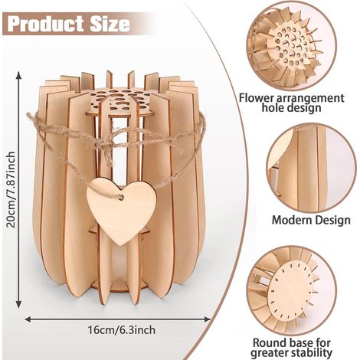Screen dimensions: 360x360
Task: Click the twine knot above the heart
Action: coord(105,146)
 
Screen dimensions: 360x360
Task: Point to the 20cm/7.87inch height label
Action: coord(11,189)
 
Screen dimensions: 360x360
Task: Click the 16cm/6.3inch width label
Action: coord(122,330)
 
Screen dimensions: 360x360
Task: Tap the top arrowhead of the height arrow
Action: coord(18,75)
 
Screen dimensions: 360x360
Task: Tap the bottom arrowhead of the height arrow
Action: coord(18,304)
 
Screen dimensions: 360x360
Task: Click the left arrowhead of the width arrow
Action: coord(28,319)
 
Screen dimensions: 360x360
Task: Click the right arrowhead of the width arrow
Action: coord(207,319)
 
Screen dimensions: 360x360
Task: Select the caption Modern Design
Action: coord(311,220)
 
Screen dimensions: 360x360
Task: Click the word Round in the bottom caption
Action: coord(270,342)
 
